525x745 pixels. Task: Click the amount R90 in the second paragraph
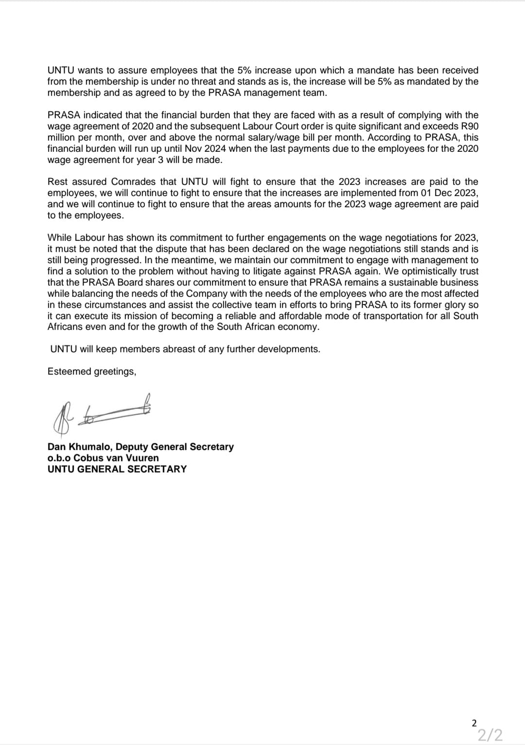(470, 126)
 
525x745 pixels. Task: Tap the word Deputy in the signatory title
(132, 447)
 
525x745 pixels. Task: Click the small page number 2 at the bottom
(474, 723)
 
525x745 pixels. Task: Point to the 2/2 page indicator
(490, 735)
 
